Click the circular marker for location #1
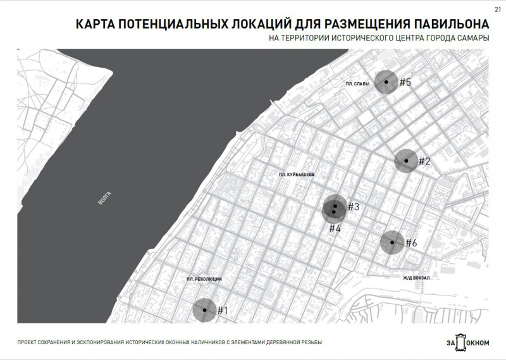tap(204, 310)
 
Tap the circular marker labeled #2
tap(405, 161)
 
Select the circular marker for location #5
tap(385, 82)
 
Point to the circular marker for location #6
tap(392, 242)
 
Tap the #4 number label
tap(335, 228)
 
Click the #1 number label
tap(222, 310)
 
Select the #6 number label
tap(411, 243)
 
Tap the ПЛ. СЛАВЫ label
tap(357, 84)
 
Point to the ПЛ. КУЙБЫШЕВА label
tap(296, 173)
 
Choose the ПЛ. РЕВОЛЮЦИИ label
tap(204, 279)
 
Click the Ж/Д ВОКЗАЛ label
tap(416, 277)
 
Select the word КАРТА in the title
tap(96, 25)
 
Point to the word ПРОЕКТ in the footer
tap(28, 342)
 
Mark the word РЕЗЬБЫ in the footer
tap(311, 342)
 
